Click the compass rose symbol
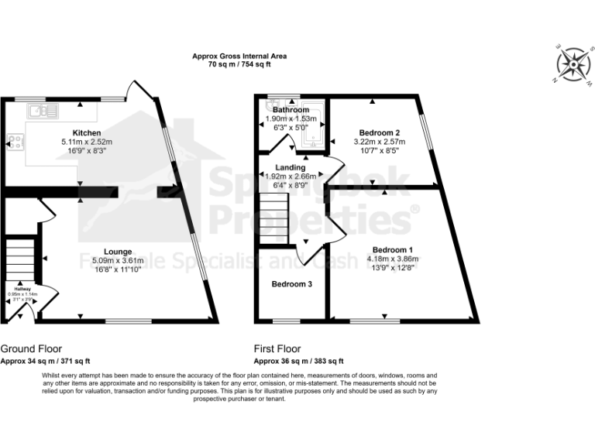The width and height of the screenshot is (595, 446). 573,63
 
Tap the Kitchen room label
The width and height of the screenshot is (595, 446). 87,133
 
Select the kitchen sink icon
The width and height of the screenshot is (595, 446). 43,111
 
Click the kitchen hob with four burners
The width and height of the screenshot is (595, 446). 15,142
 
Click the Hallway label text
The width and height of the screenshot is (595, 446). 22,288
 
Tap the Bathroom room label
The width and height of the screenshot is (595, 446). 291,110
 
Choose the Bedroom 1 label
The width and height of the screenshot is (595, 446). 396,250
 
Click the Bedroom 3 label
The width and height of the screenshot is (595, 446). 291,284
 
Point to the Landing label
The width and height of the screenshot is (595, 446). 291,167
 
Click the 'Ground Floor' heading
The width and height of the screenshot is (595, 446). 31,349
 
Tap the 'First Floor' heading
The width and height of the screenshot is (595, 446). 277,349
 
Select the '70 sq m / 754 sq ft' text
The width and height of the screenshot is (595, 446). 239,64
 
